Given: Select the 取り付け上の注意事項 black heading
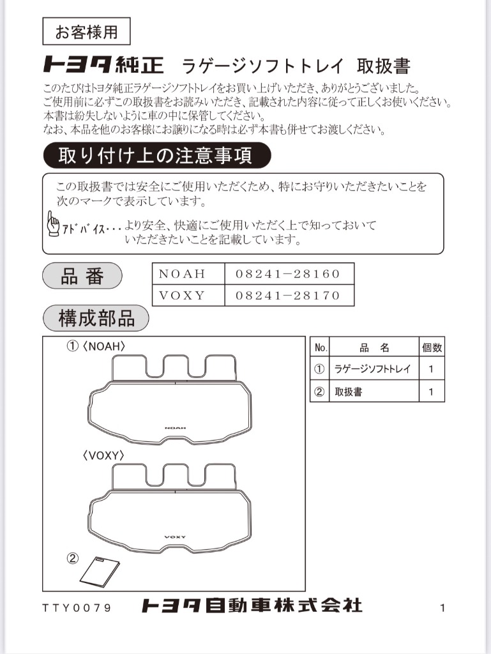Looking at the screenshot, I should [156, 156].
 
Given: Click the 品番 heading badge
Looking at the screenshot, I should [82, 277].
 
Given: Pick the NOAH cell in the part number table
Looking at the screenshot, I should [182, 274].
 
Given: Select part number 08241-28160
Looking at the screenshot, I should [288, 274].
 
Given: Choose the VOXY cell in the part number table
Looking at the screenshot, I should [182, 295].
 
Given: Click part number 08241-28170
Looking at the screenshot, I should [288, 295].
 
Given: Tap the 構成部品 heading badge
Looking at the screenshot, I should [96, 318].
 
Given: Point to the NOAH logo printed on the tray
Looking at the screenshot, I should [174, 427].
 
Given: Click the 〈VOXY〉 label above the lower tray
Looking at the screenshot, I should [103, 456].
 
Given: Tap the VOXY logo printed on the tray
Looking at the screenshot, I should [174, 536].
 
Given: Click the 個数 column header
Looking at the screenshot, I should [432, 348].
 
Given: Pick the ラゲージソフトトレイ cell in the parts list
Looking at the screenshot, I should [372, 369].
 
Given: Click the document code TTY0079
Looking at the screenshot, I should [77, 607].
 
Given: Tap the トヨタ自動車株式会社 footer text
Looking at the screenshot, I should [252, 605].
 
